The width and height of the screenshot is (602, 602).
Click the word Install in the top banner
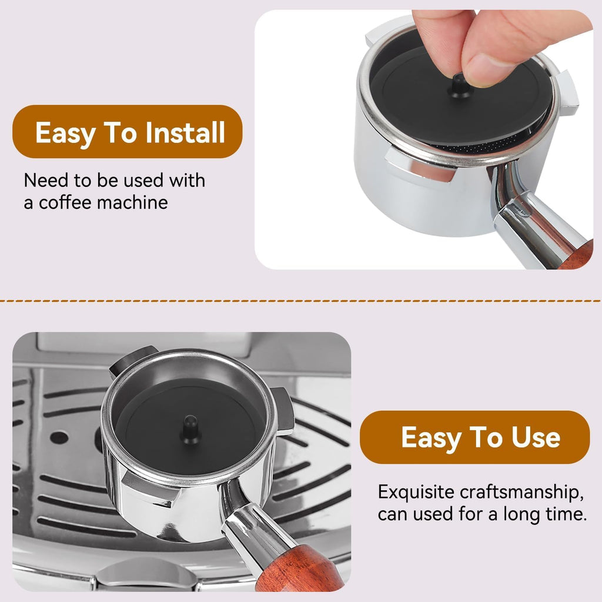click(185, 132)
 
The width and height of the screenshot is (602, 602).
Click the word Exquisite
click(416, 493)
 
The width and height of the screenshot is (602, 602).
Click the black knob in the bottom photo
click(190, 430)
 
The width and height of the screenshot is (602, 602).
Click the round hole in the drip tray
click(59, 437)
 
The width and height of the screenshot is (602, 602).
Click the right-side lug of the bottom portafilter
click(283, 411)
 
